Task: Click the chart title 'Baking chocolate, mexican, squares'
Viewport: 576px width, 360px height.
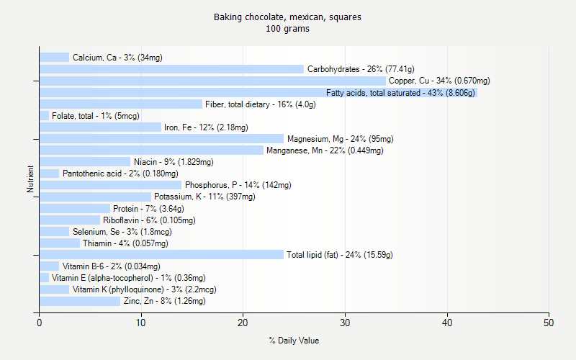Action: pyautogui.click(x=287, y=17)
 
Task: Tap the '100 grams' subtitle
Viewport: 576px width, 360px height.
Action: pyautogui.click(x=287, y=29)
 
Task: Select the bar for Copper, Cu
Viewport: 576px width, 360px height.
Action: pyautogui.click(x=212, y=81)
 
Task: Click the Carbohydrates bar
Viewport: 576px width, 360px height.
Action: pyautogui.click(x=171, y=69)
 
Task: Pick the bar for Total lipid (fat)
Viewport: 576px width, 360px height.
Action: pyautogui.click(x=161, y=255)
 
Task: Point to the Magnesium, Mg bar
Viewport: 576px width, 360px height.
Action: pyautogui.click(x=161, y=139)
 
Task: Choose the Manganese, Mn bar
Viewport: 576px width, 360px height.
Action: pyautogui.click(x=151, y=150)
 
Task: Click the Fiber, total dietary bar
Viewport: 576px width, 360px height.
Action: pyautogui.click(x=121, y=104)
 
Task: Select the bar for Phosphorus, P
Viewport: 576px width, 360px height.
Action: pyautogui.click(x=110, y=185)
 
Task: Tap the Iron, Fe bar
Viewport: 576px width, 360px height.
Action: pyautogui.click(x=100, y=127)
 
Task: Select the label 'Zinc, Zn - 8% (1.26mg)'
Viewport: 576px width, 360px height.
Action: pyautogui.click(x=164, y=301)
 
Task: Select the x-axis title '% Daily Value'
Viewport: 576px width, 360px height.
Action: pyautogui.click(x=294, y=341)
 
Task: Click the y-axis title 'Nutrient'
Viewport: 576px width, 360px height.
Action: pyautogui.click(x=30, y=179)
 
